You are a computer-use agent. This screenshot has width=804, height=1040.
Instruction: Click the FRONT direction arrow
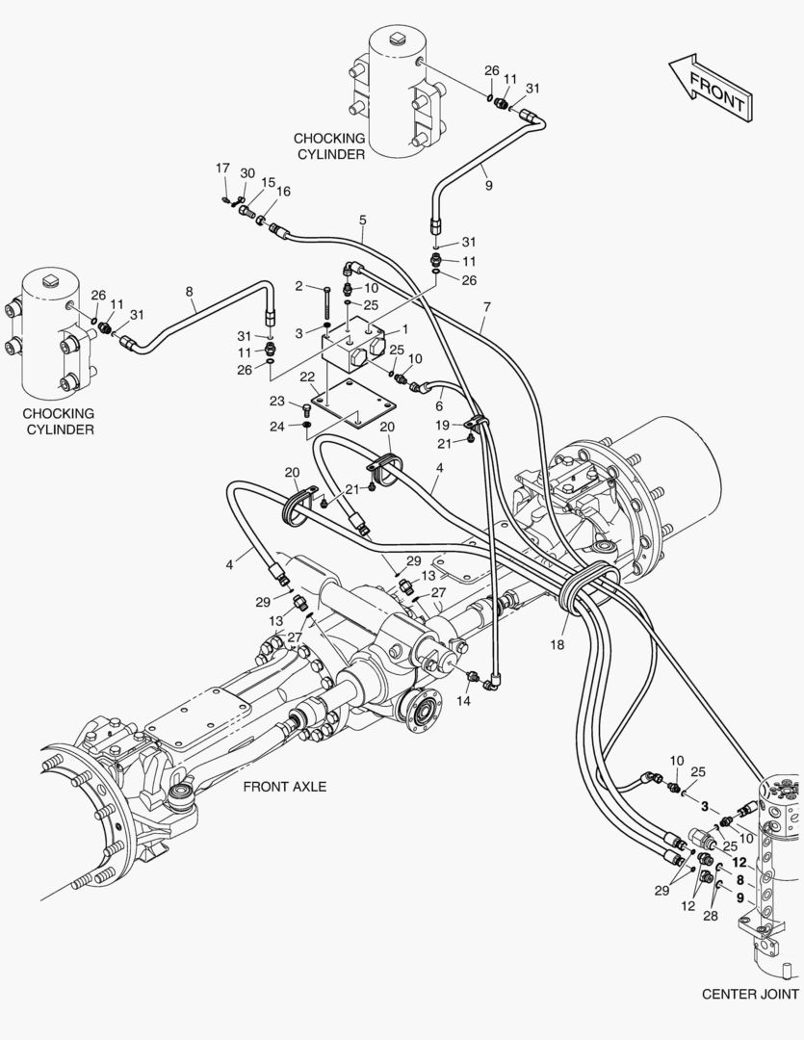point(708,87)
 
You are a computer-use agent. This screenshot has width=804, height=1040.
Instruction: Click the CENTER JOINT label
point(750,994)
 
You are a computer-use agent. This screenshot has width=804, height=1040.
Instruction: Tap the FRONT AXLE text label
point(284,787)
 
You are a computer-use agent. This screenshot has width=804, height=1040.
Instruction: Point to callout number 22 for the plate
point(309,376)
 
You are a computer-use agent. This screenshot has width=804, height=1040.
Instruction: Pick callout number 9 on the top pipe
point(488,185)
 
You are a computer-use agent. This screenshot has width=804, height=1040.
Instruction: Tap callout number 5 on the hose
point(362,221)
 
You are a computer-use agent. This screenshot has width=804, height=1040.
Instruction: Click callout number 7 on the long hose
point(487,306)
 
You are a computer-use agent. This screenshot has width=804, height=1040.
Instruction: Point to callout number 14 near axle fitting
point(464,700)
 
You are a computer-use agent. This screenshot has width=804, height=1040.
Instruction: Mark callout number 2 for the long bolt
point(299,286)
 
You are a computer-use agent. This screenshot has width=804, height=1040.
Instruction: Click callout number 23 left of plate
point(276,401)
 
